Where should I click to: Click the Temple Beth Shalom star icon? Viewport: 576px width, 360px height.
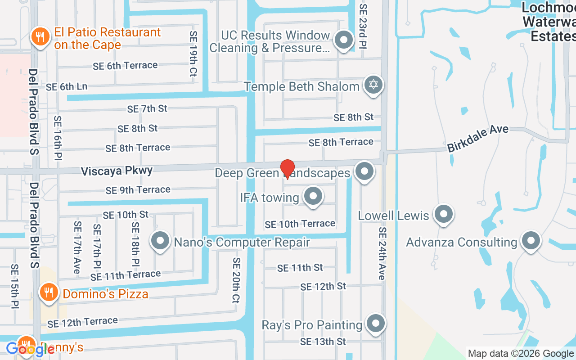(x=373, y=85)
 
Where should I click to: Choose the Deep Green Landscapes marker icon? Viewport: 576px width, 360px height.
(x=364, y=171)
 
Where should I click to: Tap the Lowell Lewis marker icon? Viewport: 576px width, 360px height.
(x=444, y=214)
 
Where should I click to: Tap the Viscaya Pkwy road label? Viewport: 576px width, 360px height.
(x=117, y=171)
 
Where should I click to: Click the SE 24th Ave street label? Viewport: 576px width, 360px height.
(x=382, y=253)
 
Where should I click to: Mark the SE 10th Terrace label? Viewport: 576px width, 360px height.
(x=300, y=224)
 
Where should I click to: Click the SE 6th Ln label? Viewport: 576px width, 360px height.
(x=67, y=86)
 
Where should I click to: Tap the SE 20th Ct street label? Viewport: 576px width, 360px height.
(x=236, y=280)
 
